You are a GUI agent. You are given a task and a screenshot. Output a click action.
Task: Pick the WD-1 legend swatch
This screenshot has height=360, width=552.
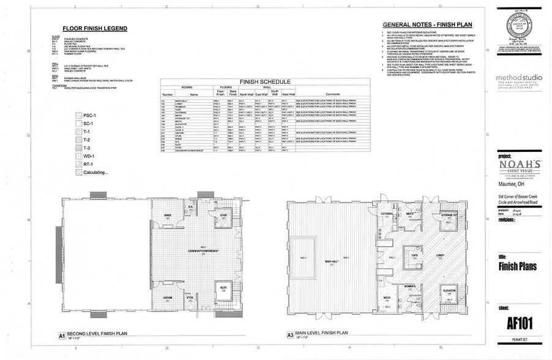click(78, 156)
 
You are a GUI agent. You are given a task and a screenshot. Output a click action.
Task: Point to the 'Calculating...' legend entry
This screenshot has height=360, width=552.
click(78, 173)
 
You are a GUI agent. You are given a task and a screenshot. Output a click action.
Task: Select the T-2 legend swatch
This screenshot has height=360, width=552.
click(78, 140)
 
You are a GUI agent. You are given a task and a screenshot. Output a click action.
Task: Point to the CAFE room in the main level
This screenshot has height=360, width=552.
click(414, 254)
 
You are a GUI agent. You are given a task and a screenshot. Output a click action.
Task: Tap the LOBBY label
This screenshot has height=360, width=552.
click(439, 255)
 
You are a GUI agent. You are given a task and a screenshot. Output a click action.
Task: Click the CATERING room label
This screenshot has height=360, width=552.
click(387, 214)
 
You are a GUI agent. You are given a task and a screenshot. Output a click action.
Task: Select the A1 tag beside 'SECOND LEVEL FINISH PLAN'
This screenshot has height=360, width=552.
click(62, 336)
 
